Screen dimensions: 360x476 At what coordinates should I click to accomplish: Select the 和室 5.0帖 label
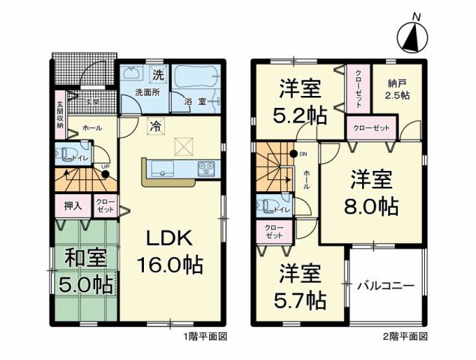click(x=85, y=271)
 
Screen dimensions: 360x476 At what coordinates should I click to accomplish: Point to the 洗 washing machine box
click(x=157, y=74)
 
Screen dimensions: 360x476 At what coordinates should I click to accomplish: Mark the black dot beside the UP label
click(x=106, y=174)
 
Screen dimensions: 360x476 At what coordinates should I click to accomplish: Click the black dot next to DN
click(x=294, y=154)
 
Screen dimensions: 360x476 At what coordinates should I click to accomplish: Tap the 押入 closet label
click(x=73, y=205)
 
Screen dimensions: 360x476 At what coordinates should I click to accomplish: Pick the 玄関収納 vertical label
click(x=61, y=115)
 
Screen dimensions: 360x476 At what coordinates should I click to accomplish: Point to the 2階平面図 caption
click(x=411, y=336)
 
